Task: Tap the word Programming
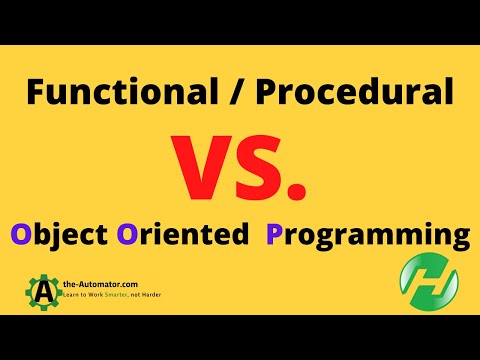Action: click(367, 237)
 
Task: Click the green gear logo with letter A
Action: click(44, 292)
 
